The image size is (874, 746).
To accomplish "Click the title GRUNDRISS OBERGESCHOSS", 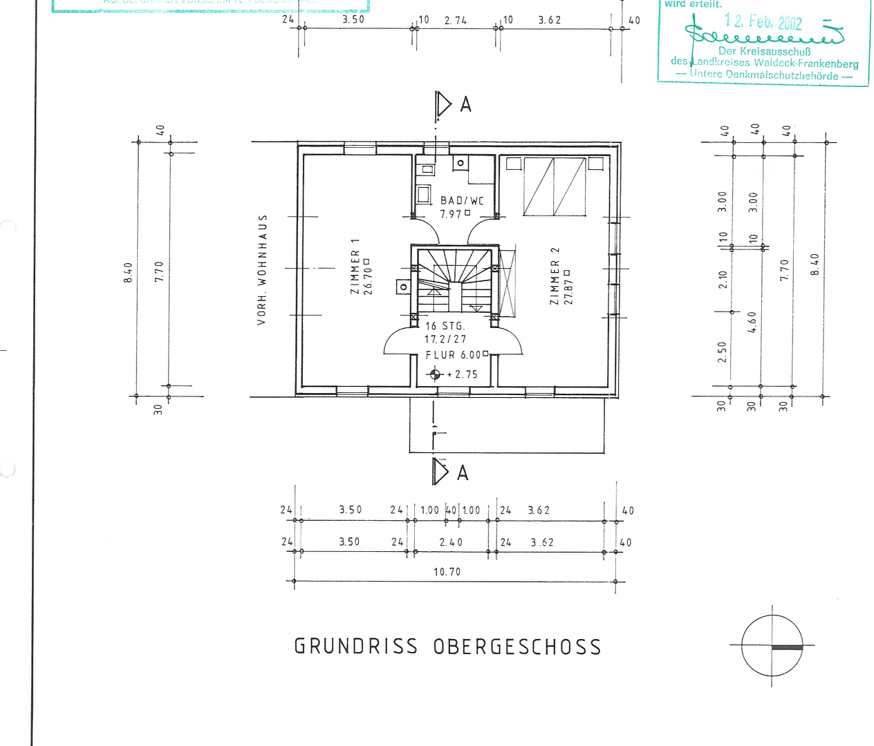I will pos(447,647).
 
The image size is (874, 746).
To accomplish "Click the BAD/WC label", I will pos(462,201).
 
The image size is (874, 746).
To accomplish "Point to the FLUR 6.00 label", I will pos(453,355).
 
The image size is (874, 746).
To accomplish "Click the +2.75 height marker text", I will pos(462,374).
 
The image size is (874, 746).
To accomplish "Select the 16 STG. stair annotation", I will pos(445,326).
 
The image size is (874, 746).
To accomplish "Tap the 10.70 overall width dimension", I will pos(447,572).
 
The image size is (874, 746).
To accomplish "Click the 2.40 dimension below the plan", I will pos(451,542).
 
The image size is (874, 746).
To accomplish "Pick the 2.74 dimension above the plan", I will pos(455,21).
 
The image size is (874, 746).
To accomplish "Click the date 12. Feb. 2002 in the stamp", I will pos(763,21).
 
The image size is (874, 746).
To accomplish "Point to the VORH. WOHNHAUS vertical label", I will pos(262,269).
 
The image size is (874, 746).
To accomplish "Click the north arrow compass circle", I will pos(772,646).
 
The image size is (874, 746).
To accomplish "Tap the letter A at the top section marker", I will pos(465,105).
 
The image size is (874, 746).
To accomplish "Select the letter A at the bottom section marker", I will pos(463,473).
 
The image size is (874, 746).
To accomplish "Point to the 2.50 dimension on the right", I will pos(723,352).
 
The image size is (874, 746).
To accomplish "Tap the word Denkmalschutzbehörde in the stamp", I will pos(782,75).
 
